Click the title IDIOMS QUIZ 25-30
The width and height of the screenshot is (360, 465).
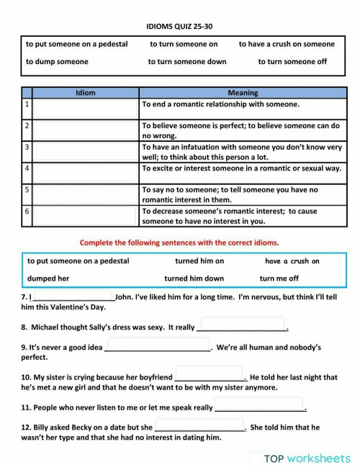click(179, 26)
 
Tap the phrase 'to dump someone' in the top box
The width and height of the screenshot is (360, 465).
click(57, 61)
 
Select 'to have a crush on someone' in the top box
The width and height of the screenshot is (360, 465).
click(287, 44)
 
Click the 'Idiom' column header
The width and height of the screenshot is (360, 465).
click(86, 93)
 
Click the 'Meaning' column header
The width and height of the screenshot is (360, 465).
click(242, 93)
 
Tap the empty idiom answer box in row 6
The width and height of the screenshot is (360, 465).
click(86, 216)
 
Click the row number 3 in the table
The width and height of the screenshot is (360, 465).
click(27, 147)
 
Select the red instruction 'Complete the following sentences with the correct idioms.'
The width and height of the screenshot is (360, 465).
click(179, 243)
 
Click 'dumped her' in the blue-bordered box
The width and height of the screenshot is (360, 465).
click(48, 278)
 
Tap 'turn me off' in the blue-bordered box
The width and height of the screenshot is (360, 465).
click(279, 278)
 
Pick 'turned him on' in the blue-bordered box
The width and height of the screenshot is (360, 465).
click(199, 261)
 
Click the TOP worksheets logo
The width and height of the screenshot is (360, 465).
click(306, 458)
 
